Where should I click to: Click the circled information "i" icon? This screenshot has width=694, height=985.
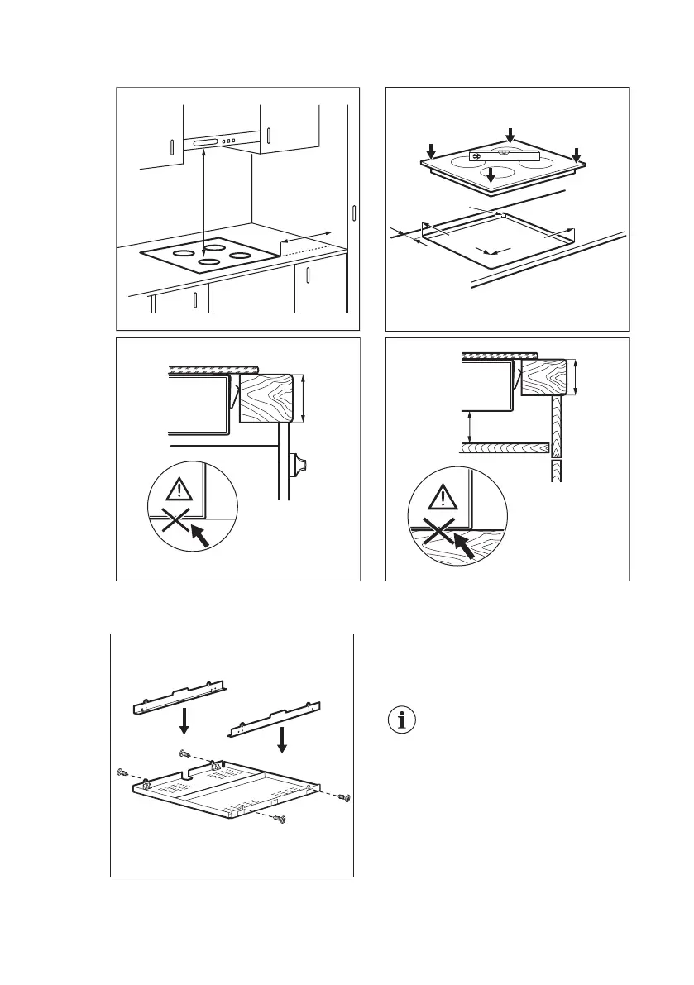click(403, 720)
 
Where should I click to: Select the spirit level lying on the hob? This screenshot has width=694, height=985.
click(504, 155)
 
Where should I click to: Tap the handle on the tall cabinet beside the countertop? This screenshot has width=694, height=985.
click(353, 213)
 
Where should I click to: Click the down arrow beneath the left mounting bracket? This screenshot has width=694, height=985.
click(184, 719)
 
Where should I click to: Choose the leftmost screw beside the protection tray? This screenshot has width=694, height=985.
click(122, 772)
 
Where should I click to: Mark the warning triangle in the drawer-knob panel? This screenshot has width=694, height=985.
click(179, 491)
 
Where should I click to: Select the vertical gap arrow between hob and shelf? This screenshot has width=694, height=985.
click(471, 427)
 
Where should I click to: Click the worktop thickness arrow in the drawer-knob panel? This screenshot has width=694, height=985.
click(305, 398)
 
